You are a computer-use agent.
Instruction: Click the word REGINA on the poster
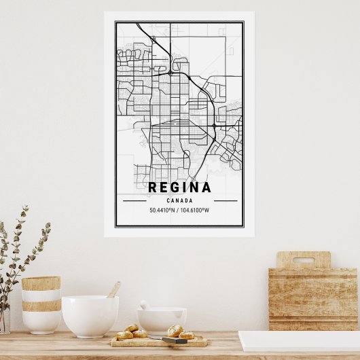click(x=180, y=187)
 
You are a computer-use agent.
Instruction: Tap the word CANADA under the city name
click(x=179, y=201)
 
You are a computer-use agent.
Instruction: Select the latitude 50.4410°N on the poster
click(x=163, y=211)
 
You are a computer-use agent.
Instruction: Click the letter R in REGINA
click(x=154, y=187)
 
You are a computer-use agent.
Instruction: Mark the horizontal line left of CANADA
click(x=134, y=201)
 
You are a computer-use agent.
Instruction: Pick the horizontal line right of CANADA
click(x=226, y=201)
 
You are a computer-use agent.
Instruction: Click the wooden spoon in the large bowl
click(x=113, y=289)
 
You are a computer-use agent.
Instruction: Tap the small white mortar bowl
click(x=162, y=320)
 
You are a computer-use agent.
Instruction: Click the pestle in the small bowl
click(x=145, y=305)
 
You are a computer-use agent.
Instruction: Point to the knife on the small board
click(x=174, y=340)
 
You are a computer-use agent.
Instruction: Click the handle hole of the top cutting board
click(x=303, y=260)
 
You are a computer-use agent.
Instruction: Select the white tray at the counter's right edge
click(x=299, y=341)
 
